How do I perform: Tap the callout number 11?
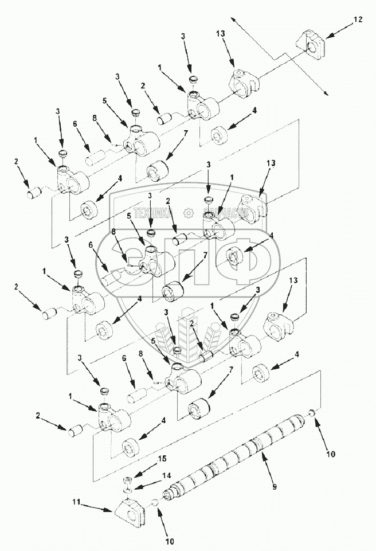tap(76, 503)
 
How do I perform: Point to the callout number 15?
tap(162, 459)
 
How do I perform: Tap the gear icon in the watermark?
tap(188, 213)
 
